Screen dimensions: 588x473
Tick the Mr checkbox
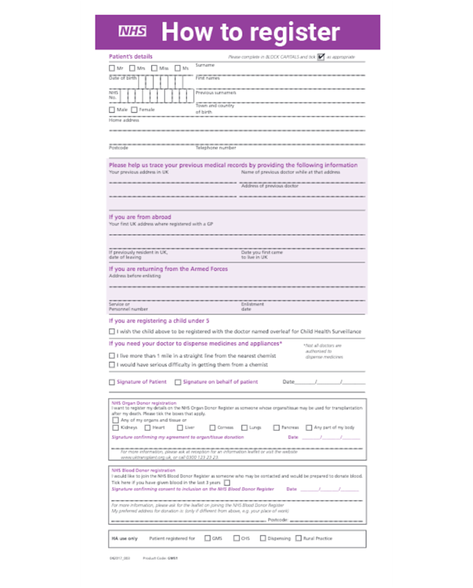click(x=112, y=68)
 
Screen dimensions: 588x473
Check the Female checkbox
click(x=134, y=110)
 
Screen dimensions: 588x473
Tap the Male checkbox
click(x=112, y=110)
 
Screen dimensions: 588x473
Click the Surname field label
click(x=204, y=65)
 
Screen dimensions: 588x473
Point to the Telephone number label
click(x=216, y=148)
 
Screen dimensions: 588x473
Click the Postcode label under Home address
click(x=118, y=148)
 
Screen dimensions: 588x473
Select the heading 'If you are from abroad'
click(x=139, y=217)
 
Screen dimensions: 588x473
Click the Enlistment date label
click(x=248, y=307)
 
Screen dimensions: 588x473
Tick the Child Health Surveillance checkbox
click(x=112, y=331)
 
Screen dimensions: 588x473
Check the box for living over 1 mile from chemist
click(x=112, y=356)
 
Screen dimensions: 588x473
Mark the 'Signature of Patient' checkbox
click(x=112, y=382)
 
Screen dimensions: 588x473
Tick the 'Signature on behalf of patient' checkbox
click(x=178, y=382)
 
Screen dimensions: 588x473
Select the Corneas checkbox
click(x=213, y=427)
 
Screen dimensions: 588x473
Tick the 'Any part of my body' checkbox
click(x=309, y=427)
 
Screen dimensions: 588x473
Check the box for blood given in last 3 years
click(x=227, y=483)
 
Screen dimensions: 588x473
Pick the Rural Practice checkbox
click(x=298, y=538)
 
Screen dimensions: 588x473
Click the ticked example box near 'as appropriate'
click(x=321, y=57)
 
